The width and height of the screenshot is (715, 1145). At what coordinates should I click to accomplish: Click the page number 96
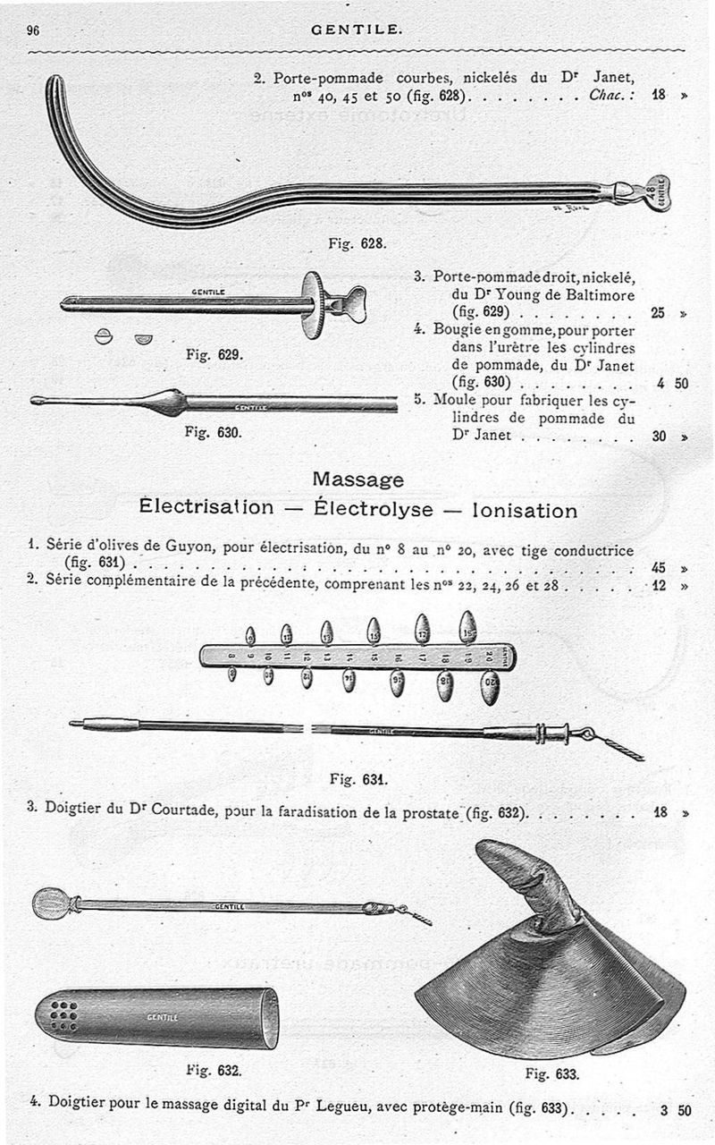click(34, 30)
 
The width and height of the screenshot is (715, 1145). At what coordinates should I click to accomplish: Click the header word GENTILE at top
click(357, 30)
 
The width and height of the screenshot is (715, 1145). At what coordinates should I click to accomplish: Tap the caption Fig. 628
click(357, 243)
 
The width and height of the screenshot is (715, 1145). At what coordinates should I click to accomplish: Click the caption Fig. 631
click(357, 778)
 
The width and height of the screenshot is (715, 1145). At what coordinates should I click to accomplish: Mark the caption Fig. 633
click(551, 1073)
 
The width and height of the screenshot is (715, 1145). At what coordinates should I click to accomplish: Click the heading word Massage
click(357, 479)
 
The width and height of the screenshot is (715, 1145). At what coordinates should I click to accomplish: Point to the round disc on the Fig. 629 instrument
click(313, 304)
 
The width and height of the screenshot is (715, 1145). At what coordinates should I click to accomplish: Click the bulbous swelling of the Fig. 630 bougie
click(168, 403)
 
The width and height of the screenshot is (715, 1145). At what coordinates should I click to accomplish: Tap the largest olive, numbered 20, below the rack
click(490, 689)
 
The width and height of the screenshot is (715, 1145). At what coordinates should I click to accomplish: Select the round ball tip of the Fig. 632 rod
click(50, 903)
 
